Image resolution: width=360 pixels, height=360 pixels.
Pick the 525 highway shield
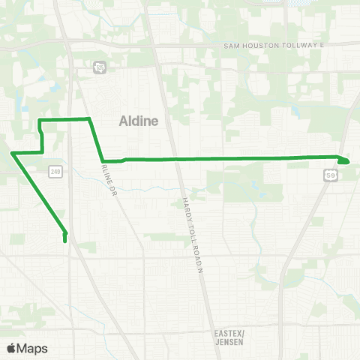coord(99,67)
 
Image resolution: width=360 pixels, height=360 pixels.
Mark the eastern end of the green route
coord(347,160)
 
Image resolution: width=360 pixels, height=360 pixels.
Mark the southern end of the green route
coord(65,241)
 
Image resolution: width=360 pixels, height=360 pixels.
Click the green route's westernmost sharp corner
coord(13,154)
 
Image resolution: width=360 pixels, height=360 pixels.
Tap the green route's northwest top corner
coord(40,119)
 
